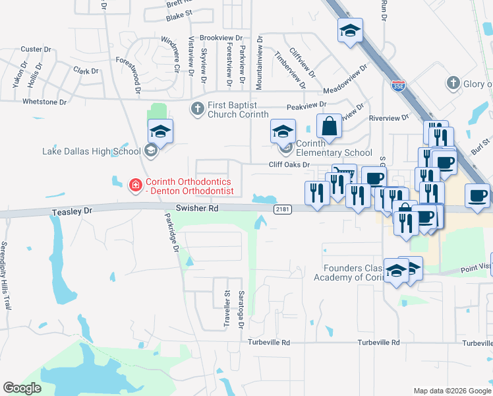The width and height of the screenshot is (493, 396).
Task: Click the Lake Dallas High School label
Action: [x=91, y=151]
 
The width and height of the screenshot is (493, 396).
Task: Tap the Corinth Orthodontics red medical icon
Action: [x=136, y=185]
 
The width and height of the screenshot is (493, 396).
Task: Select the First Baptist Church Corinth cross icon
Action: [x=196, y=108]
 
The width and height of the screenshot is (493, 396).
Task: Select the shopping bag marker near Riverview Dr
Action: [x=329, y=125]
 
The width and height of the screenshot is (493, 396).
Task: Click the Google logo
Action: [x=22, y=388]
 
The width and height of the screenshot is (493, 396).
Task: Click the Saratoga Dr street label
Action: [x=242, y=310]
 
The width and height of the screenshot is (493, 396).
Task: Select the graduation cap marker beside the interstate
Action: [x=351, y=30]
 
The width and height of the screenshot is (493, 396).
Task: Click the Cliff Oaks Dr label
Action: [x=289, y=165]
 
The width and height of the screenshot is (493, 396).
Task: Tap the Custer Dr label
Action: [x=31, y=49]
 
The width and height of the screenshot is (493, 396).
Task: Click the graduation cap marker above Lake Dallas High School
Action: [x=160, y=131]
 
